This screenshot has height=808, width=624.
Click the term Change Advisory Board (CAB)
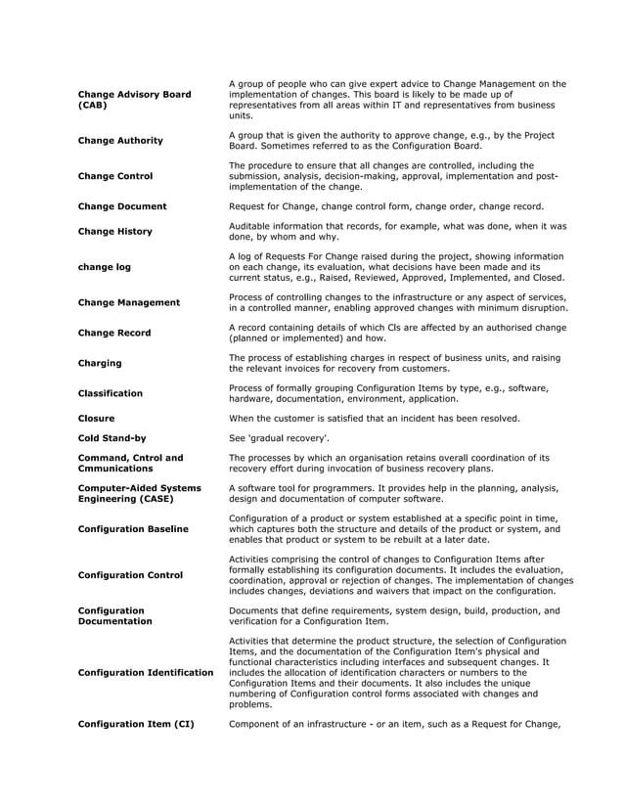(134, 100)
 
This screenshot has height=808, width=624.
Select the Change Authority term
(120, 141)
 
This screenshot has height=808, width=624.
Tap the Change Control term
(115, 176)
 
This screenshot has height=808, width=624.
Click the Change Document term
(122, 206)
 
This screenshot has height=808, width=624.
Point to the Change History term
(115, 232)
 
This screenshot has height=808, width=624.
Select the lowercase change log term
(104, 266)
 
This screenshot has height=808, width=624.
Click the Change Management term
(128, 303)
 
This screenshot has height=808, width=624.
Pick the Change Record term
(114, 334)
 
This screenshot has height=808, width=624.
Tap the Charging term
(100, 363)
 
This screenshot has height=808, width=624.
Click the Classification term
(111, 393)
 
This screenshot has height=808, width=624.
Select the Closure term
(96, 419)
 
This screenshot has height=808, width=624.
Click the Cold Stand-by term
(112, 438)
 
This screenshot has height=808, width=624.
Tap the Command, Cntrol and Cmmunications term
(130, 463)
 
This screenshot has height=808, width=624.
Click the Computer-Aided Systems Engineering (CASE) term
(139, 493)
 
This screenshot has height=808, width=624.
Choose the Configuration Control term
(130, 575)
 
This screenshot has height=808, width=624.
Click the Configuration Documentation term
(115, 615)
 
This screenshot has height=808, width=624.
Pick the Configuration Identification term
(145, 673)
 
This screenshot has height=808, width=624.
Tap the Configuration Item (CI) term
(136, 724)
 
